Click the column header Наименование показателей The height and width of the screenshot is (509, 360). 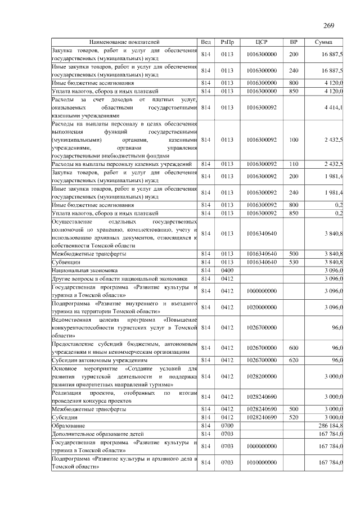pos(124,42)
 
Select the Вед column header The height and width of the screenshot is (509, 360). pos(206,42)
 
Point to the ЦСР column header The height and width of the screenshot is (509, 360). pos(261,42)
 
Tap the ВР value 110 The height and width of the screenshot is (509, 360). pos(294,164)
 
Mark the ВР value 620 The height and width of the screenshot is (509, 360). pos(294,359)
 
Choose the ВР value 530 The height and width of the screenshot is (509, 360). pos(294,262)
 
